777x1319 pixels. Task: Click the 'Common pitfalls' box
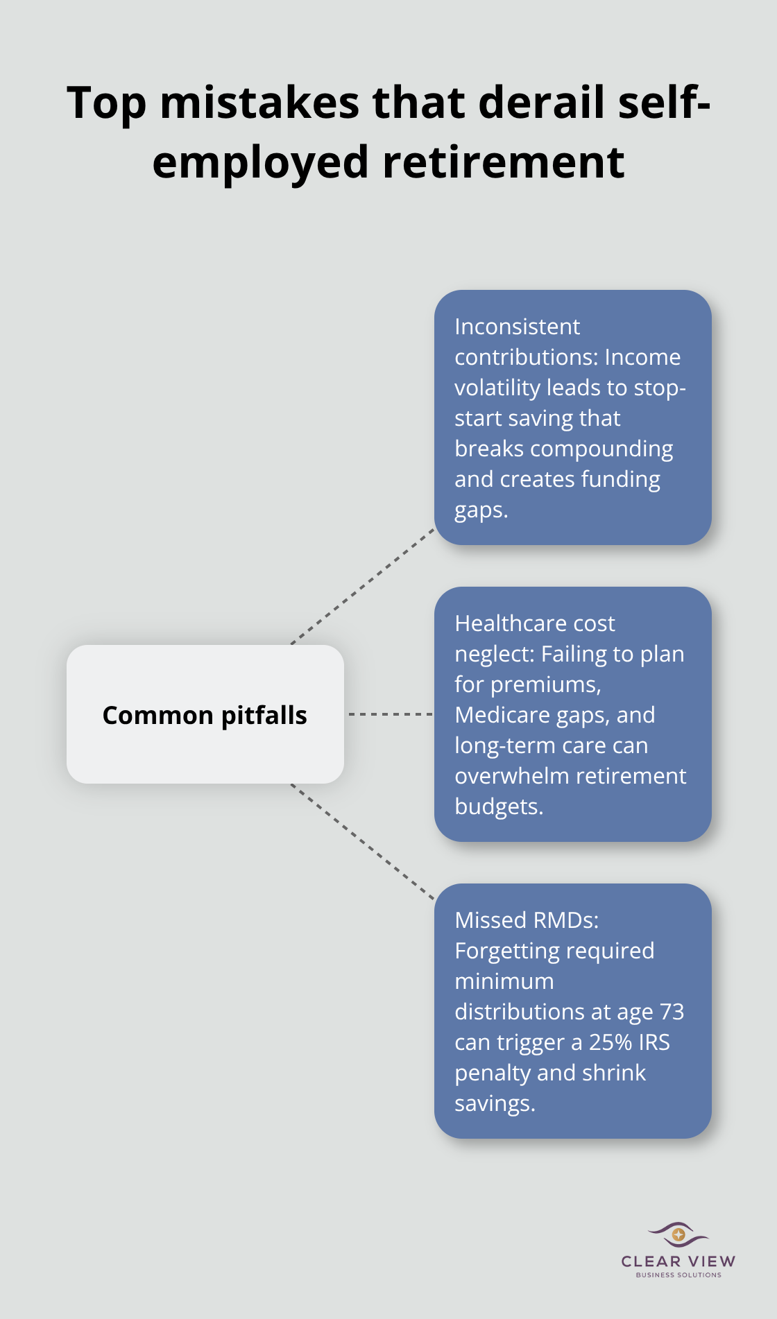click(x=205, y=714)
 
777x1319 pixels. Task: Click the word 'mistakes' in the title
click(x=259, y=103)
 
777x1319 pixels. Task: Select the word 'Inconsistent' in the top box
click(x=517, y=327)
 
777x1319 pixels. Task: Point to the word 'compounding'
click(x=601, y=449)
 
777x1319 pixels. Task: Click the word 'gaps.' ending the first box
click(x=481, y=510)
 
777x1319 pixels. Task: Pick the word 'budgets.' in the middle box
click(x=498, y=807)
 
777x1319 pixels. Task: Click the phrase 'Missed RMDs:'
click(x=526, y=920)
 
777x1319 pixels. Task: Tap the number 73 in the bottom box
click(x=672, y=1012)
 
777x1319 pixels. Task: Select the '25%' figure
click(x=610, y=1042)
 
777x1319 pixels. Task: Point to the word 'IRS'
click(x=654, y=1042)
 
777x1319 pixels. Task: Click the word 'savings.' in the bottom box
click(x=495, y=1103)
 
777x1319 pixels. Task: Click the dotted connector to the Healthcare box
click(x=389, y=714)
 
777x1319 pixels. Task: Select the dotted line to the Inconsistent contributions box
click(x=363, y=586)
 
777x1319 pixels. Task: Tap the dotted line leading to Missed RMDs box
click(x=363, y=843)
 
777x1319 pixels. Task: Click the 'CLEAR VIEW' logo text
click(x=678, y=1261)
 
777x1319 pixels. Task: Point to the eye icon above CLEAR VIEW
click(x=678, y=1234)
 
